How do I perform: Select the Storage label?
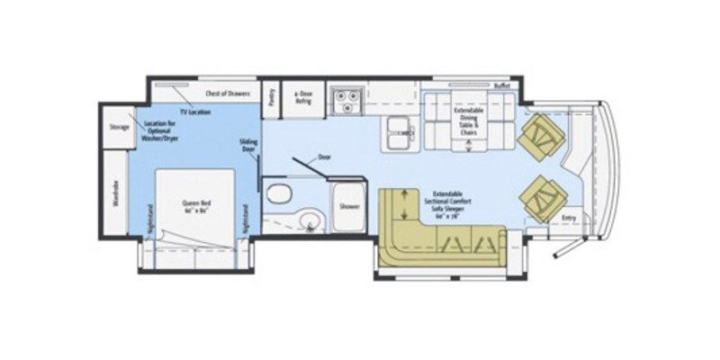[119, 127]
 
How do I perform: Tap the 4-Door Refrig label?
[297, 96]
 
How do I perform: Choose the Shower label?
[349, 206]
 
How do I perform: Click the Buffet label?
[501, 85]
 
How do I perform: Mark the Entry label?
[568, 217]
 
